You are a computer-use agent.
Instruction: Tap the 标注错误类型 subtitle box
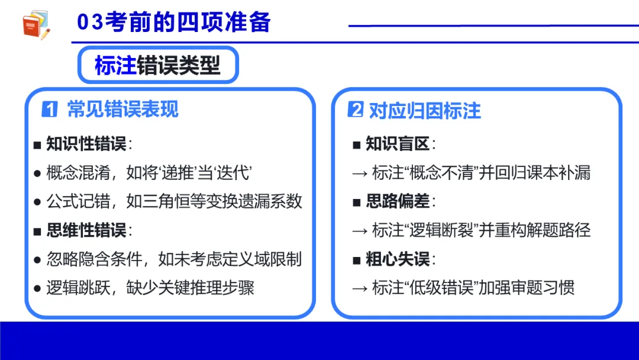click(157, 66)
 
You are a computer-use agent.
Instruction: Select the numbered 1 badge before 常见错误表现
click(50, 110)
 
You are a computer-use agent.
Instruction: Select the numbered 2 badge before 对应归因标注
click(355, 110)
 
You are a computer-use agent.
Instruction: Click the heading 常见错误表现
click(122, 110)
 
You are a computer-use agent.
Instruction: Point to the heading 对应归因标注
click(425, 110)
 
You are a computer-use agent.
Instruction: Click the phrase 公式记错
click(78, 201)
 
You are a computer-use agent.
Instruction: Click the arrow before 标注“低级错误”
click(360, 288)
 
